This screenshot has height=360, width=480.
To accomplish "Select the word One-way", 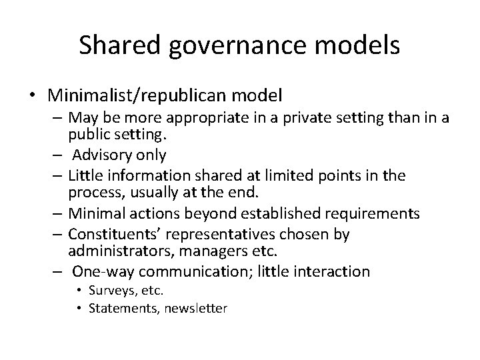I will [100, 271].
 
